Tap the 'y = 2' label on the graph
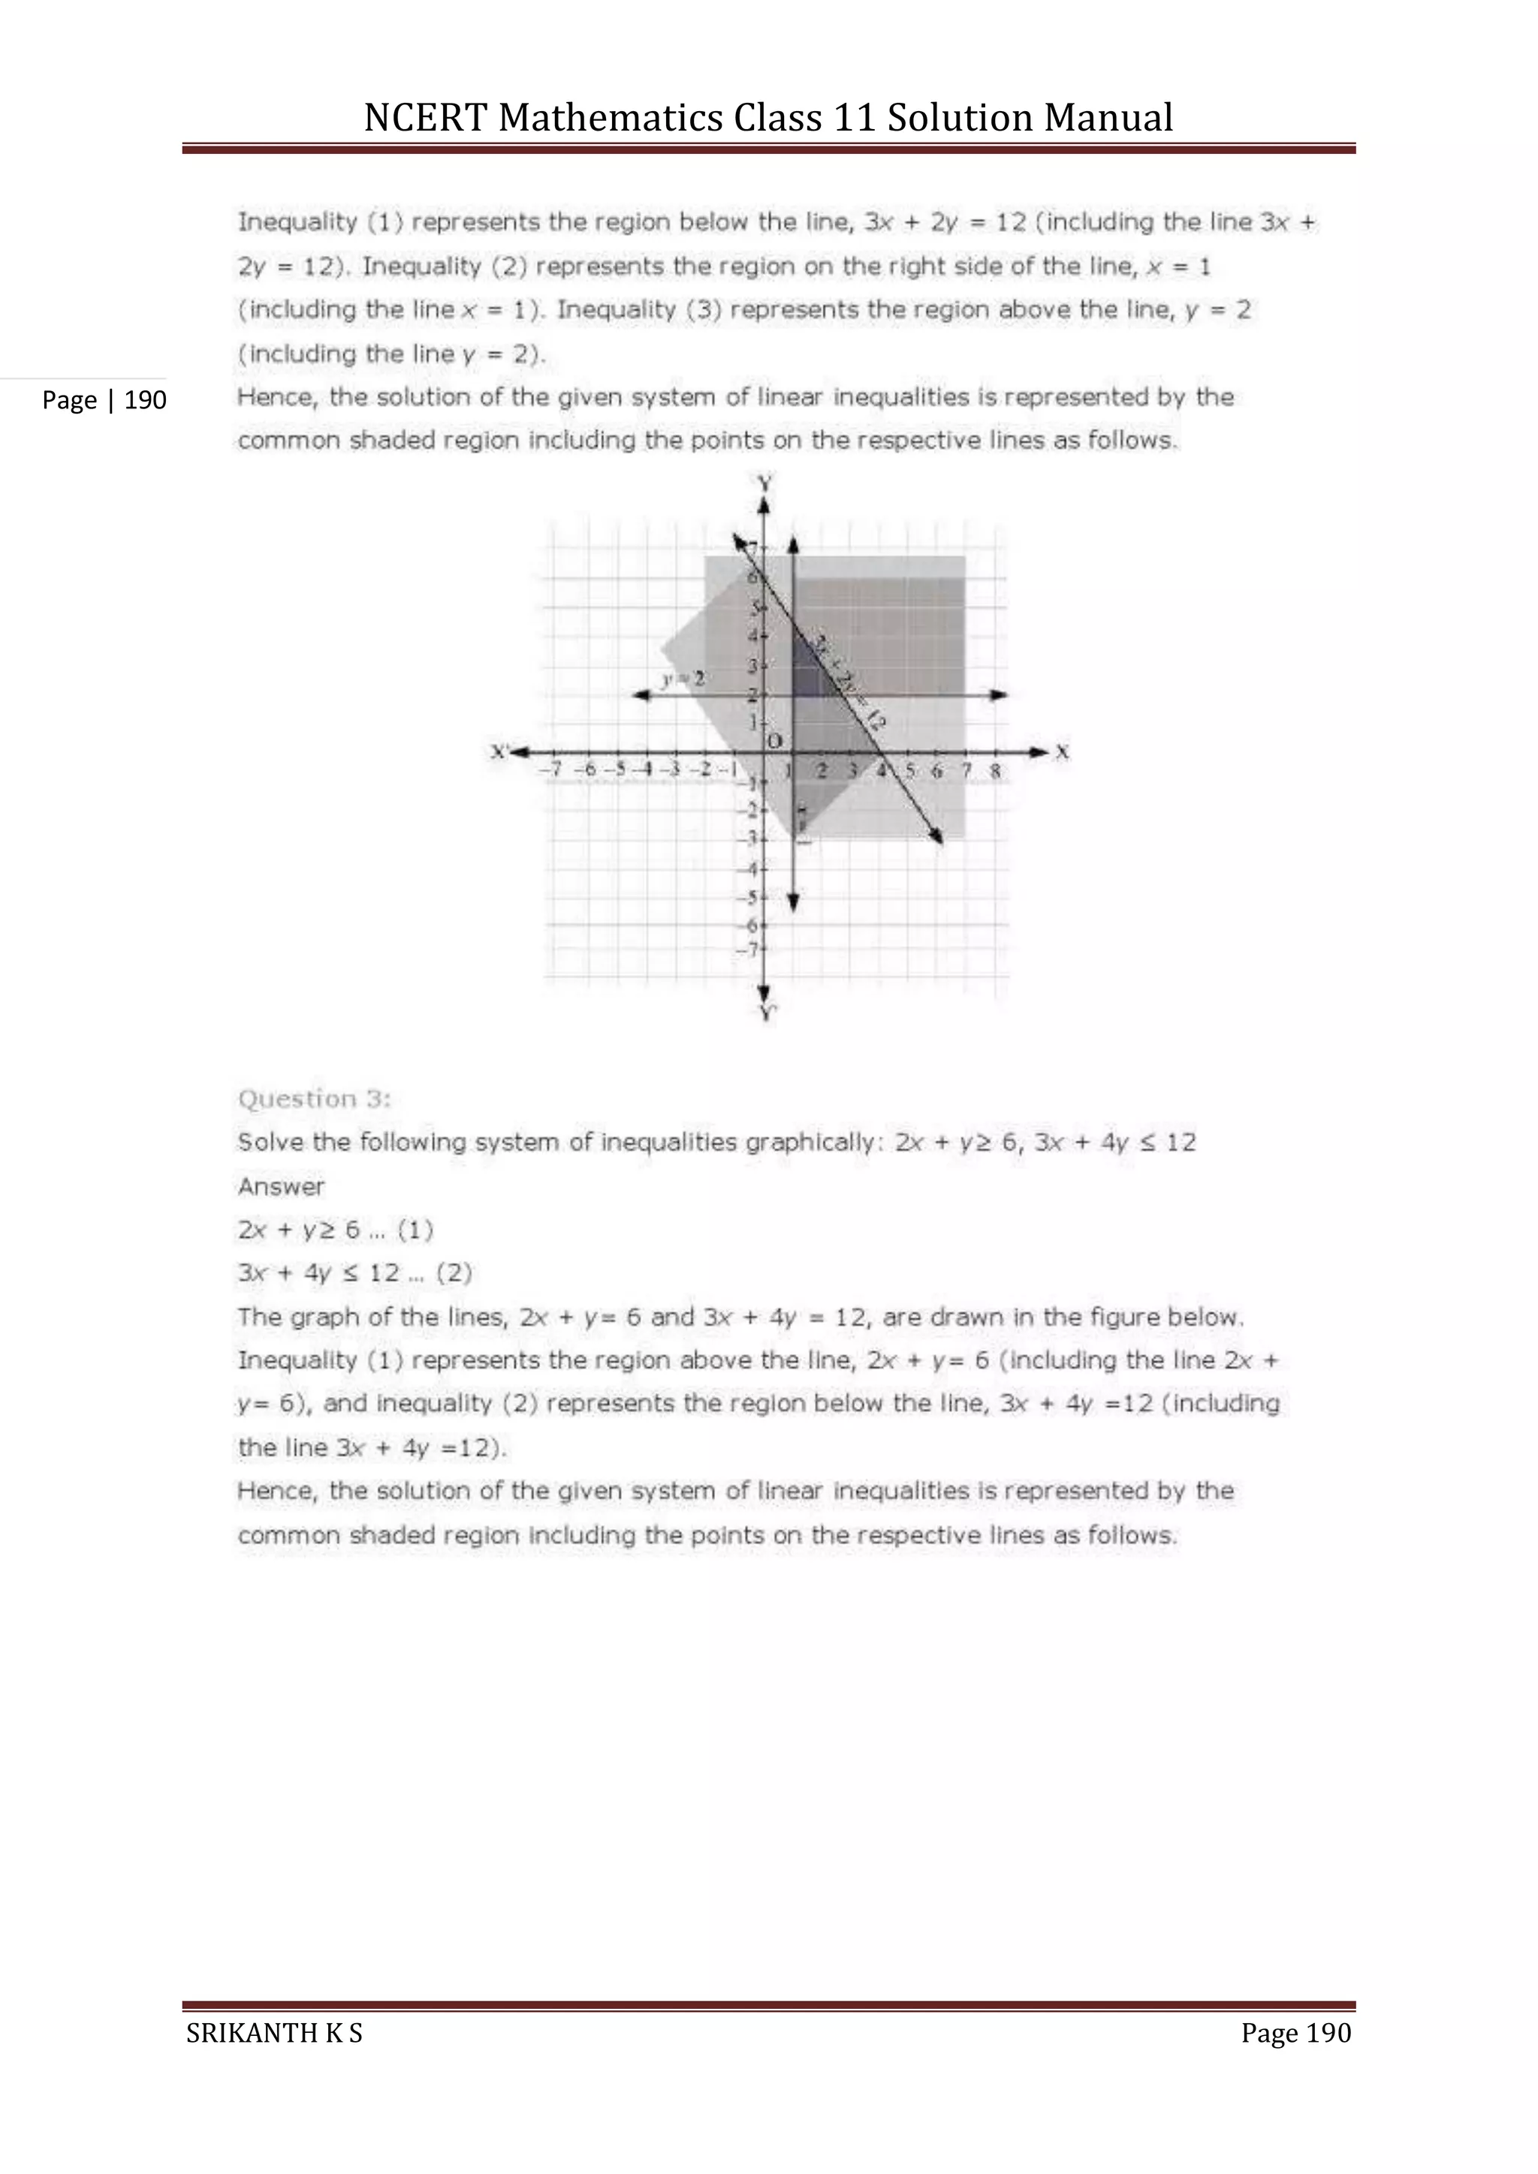(683, 679)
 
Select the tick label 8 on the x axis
(995, 771)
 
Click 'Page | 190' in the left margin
(104, 401)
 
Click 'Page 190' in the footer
(1295, 2033)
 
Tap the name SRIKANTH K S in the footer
(273, 2033)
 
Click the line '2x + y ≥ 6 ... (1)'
(335, 1230)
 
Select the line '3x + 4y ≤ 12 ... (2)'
(354, 1273)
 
